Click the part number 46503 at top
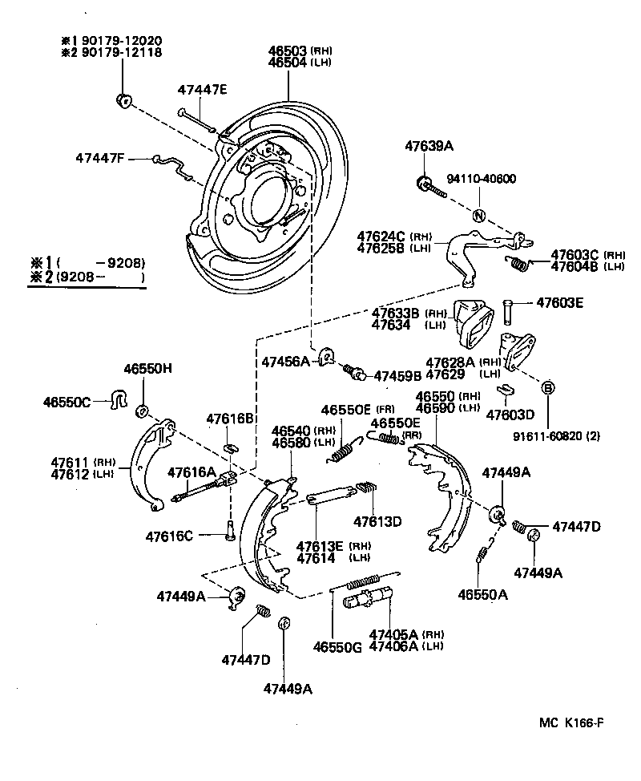click(x=286, y=51)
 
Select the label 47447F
click(x=100, y=158)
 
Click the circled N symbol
click(x=478, y=216)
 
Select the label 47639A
click(x=429, y=146)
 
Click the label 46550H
click(x=147, y=368)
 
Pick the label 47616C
click(x=169, y=536)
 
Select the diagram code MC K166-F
click(x=570, y=722)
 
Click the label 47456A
click(x=284, y=362)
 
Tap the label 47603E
click(x=559, y=303)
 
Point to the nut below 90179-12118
click(x=123, y=100)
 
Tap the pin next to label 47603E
click(x=509, y=308)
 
